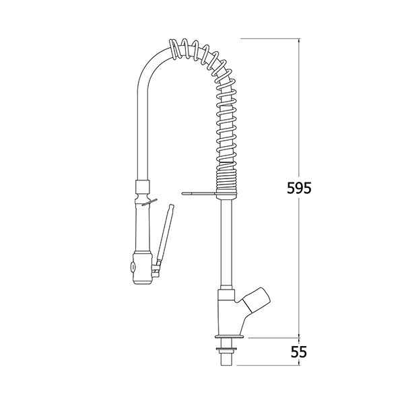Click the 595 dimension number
[299, 188]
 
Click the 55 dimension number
[299, 351]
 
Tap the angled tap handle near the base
[256, 300]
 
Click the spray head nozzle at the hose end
[141, 269]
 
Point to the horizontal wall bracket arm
[199, 193]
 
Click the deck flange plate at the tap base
[229, 336]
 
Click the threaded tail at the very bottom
[226, 358]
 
